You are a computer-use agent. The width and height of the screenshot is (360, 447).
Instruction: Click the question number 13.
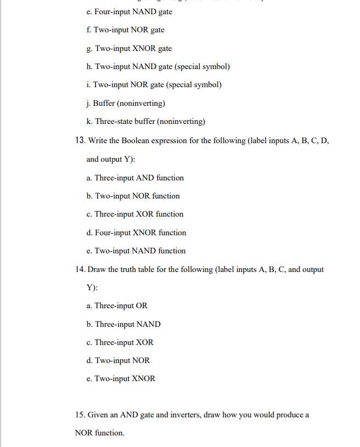point(80,140)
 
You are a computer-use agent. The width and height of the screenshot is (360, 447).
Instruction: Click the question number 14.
point(80,269)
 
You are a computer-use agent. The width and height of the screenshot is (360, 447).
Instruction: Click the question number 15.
point(80,415)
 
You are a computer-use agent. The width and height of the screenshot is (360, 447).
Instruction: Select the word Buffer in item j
point(104,103)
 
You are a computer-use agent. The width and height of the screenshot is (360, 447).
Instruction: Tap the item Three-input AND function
point(135,178)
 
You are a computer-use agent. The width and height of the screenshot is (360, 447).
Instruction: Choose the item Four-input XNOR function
point(136,233)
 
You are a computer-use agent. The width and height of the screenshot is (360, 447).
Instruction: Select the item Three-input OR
point(117,305)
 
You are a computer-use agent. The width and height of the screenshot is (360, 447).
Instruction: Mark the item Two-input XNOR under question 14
point(121,378)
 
